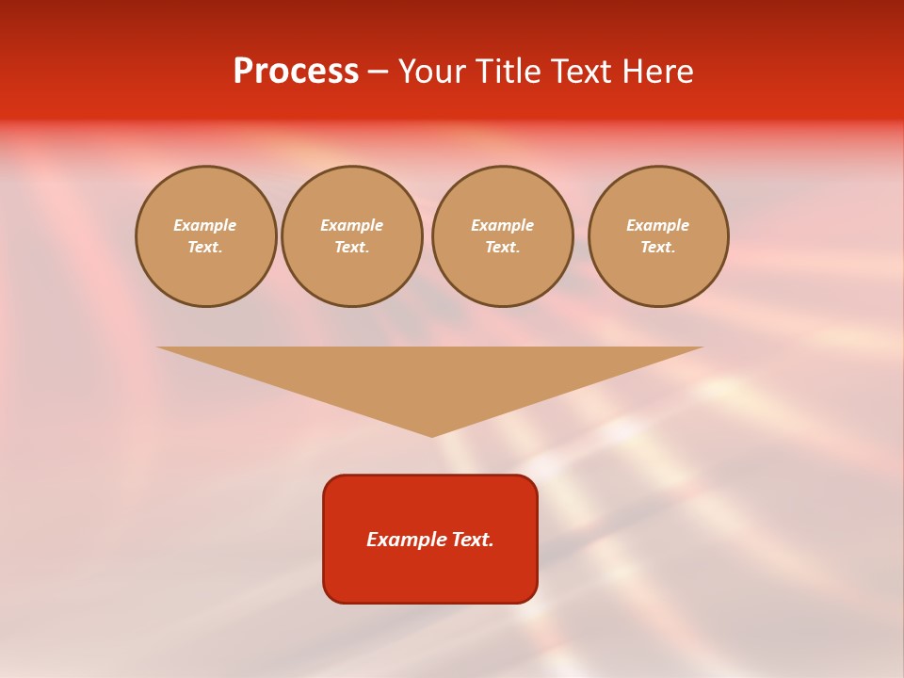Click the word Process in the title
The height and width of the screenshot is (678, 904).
[296, 72]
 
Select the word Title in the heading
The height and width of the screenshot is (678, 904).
[506, 72]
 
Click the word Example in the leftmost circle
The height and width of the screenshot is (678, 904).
[205, 225]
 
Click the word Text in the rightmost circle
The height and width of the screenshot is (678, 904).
[657, 248]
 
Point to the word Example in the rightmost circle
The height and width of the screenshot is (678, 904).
[658, 225]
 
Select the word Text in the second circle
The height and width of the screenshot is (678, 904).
[351, 248]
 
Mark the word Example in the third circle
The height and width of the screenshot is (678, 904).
[503, 225]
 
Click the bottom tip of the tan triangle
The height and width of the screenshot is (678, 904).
[432, 435]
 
